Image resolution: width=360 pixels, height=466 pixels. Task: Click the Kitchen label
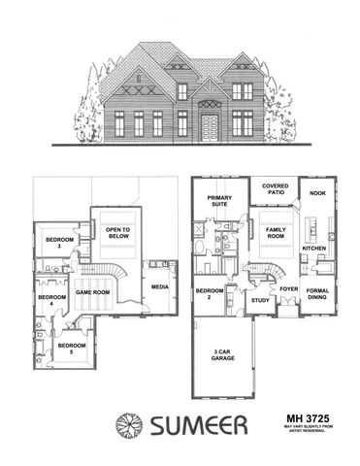313,249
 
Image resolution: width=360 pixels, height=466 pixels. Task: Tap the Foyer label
288,289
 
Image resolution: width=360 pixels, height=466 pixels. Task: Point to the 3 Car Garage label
223,354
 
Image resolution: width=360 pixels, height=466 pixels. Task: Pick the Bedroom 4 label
50,300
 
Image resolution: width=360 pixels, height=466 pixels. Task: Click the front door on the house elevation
210,125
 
